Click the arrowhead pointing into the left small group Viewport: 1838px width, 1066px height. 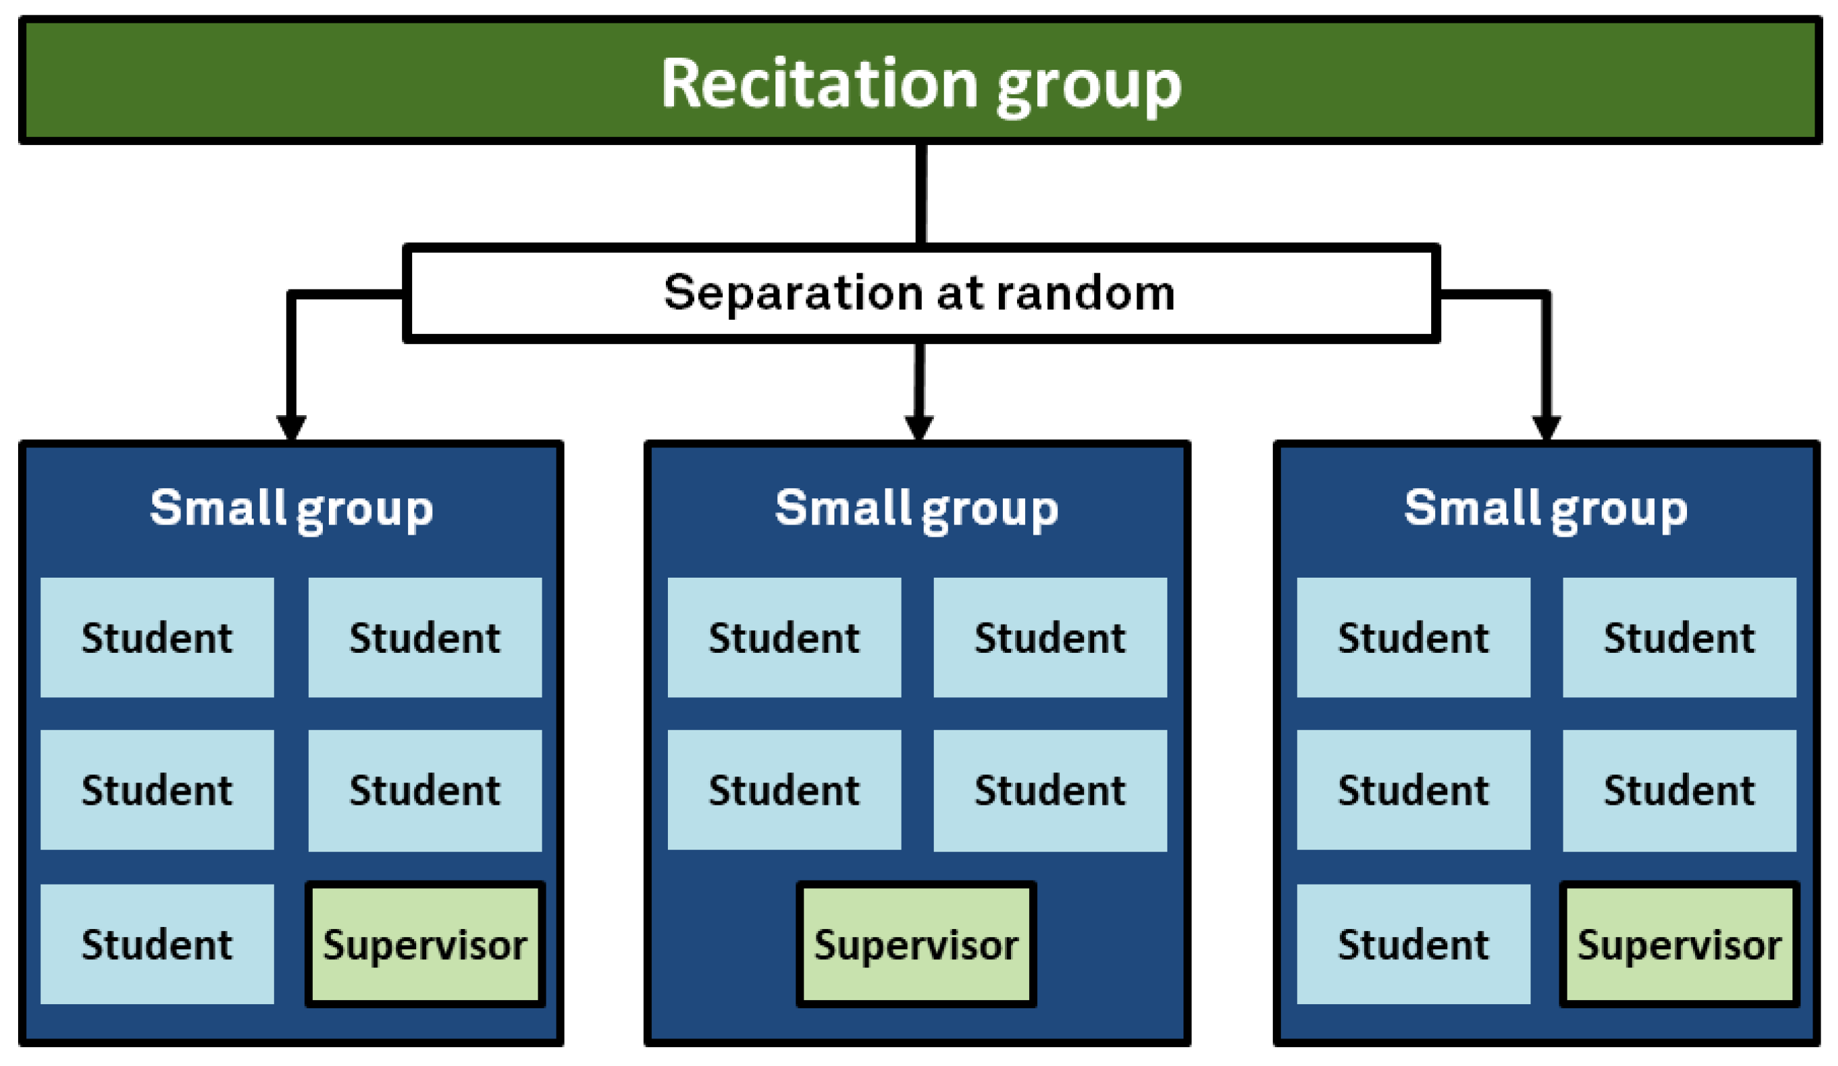click(x=291, y=427)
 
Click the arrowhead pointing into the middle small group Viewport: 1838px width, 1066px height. click(x=918, y=427)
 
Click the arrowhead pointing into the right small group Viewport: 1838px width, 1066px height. click(x=1546, y=427)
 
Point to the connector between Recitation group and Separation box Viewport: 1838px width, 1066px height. click(x=920, y=194)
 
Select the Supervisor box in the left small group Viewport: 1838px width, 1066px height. click(x=424, y=945)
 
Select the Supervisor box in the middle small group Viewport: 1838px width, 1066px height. click(x=916, y=945)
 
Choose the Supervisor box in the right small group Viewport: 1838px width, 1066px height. click(x=1679, y=945)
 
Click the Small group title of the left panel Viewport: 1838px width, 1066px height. click(x=291, y=508)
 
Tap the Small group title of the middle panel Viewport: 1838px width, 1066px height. click(x=916, y=508)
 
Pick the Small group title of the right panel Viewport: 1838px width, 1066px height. click(x=1545, y=508)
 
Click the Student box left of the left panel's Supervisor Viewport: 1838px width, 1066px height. click(x=157, y=944)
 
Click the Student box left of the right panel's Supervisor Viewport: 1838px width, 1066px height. click(x=1413, y=944)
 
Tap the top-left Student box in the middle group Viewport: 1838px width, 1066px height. click(x=784, y=637)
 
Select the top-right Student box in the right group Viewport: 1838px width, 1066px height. click(x=1679, y=637)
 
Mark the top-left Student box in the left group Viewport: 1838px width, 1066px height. click(x=157, y=637)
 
